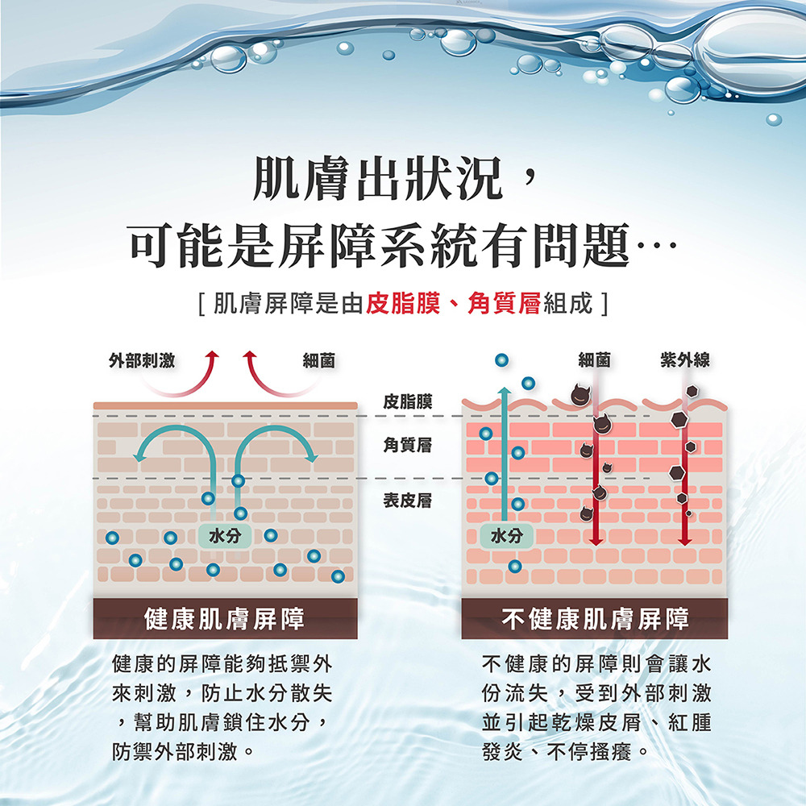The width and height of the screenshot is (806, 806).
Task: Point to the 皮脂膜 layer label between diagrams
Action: click(407, 401)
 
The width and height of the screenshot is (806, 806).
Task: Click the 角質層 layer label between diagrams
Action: click(407, 442)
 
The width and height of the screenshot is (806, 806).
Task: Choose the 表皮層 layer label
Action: click(407, 501)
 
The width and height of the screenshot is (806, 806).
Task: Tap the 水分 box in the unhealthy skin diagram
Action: click(505, 535)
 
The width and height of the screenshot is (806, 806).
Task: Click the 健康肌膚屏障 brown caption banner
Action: click(224, 619)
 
